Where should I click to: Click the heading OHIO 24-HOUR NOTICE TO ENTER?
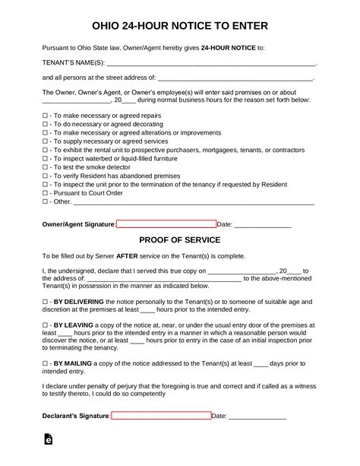(179, 26)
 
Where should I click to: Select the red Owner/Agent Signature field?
(166, 224)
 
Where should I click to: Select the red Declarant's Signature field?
(161, 416)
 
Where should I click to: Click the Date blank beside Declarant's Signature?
(257, 417)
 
